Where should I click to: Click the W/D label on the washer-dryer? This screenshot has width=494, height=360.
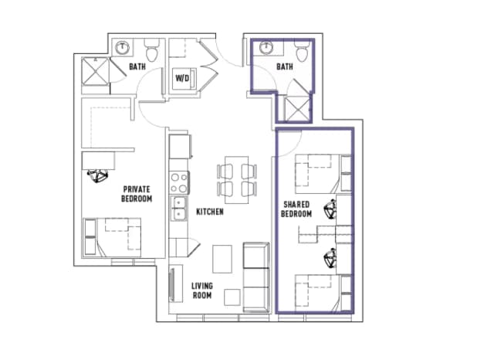[x=183, y=78]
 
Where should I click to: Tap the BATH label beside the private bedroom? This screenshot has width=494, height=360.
[x=137, y=67]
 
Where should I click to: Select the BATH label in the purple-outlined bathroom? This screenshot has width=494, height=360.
[x=285, y=67]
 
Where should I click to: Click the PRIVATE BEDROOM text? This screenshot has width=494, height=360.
[x=136, y=193]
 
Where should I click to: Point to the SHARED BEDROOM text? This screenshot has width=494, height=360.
[x=296, y=209]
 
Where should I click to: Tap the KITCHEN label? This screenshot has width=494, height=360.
[x=209, y=212]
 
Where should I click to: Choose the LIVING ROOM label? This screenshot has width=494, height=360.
[x=202, y=290]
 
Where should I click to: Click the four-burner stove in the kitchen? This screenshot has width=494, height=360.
[x=179, y=182]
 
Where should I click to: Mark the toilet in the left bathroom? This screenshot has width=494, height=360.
[x=152, y=51]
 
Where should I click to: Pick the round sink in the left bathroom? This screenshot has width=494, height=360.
[x=122, y=48]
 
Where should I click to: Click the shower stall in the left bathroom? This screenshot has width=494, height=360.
[x=99, y=73]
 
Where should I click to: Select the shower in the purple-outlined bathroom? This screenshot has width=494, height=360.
[x=296, y=107]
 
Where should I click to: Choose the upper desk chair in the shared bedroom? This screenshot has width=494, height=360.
[x=331, y=209]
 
